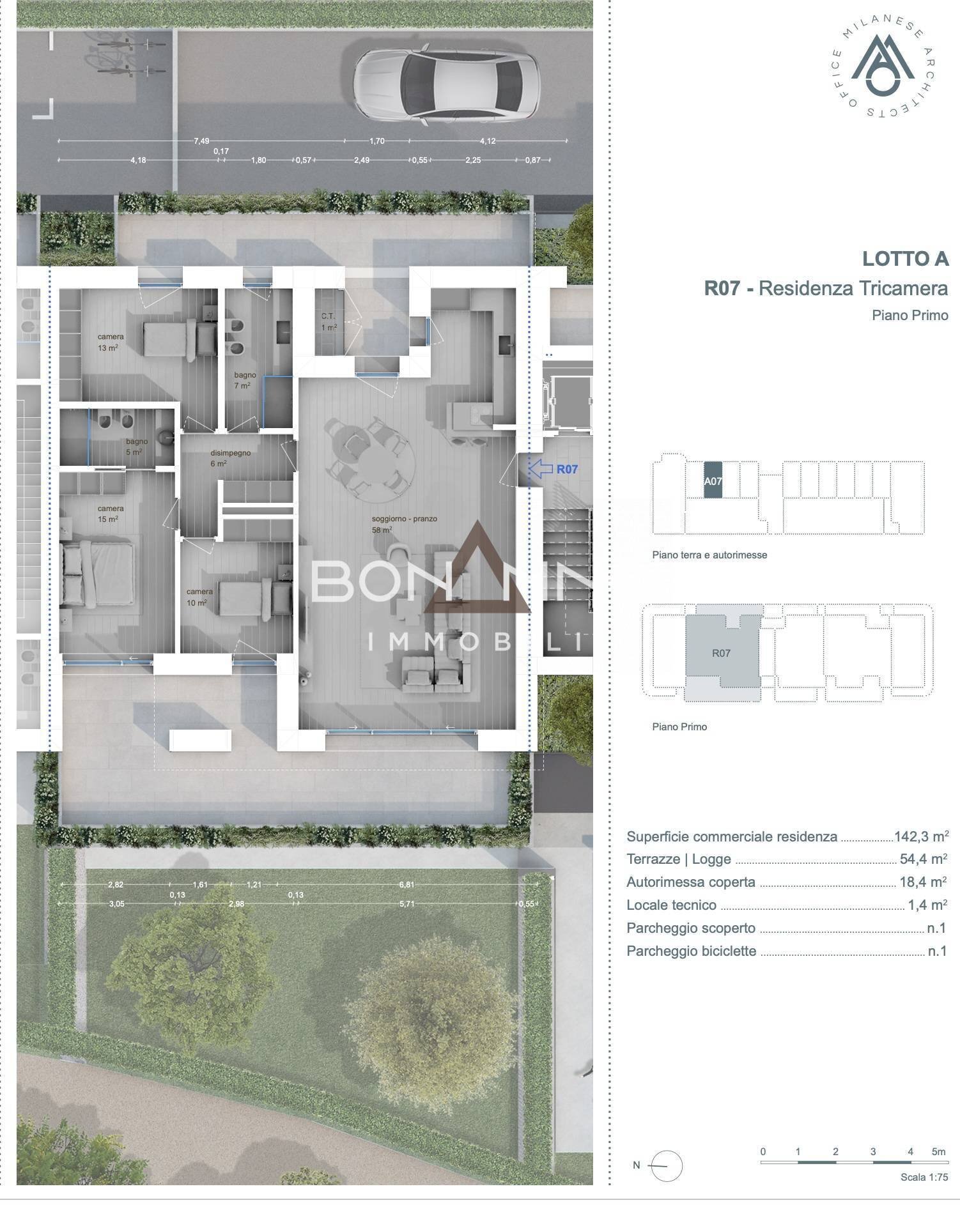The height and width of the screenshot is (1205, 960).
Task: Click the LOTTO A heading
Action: (x=905, y=259)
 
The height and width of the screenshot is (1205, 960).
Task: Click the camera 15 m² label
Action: (x=110, y=514)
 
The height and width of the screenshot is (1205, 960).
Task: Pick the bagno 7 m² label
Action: (x=244, y=380)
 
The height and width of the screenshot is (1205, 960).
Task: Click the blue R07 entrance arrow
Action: (x=541, y=469)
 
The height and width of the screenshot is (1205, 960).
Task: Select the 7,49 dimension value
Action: (x=202, y=141)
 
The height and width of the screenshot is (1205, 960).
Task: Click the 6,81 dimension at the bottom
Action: (x=406, y=885)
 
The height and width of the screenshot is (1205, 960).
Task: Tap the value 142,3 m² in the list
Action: (x=921, y=836)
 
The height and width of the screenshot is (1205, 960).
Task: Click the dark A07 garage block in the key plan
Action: (x=713, y=480)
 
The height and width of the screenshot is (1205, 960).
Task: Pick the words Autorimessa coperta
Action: (x=691, y=882)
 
